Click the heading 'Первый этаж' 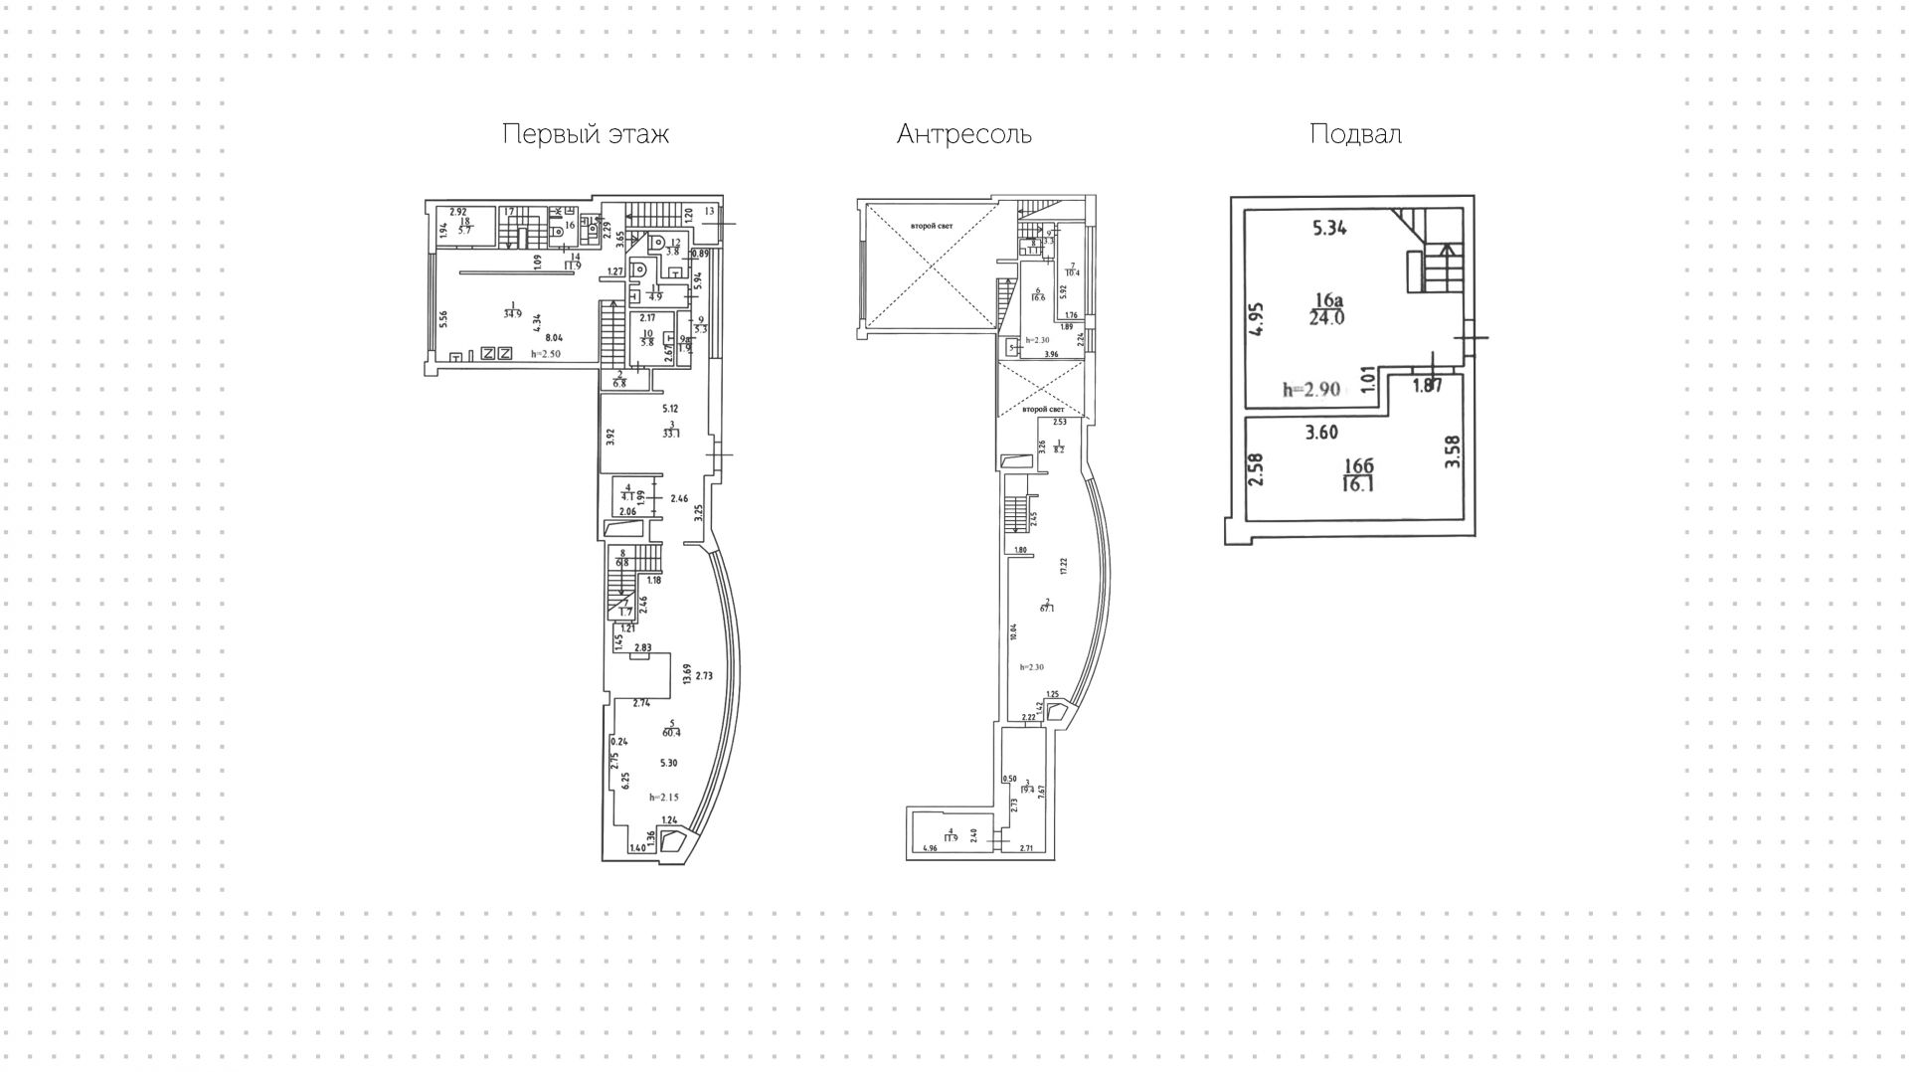(x=585, y=134)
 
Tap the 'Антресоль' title (x=963, y=134)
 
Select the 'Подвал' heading (x=1355, y=134)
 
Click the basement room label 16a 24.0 (x=1327, y=309)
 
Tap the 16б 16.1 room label (x=1358, y=475)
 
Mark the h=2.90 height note (x=1312, y=390)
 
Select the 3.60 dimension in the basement (x=1321, y=433)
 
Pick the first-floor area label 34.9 (x=512, y=313)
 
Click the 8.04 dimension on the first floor (x=564, y=337)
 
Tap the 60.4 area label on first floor (x=671, y=733)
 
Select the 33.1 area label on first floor (x=671, y=433)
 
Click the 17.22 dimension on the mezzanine (x=1063, y=567)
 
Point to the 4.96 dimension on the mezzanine (x=930, y=848)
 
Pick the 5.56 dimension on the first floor (x=443, y=319)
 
